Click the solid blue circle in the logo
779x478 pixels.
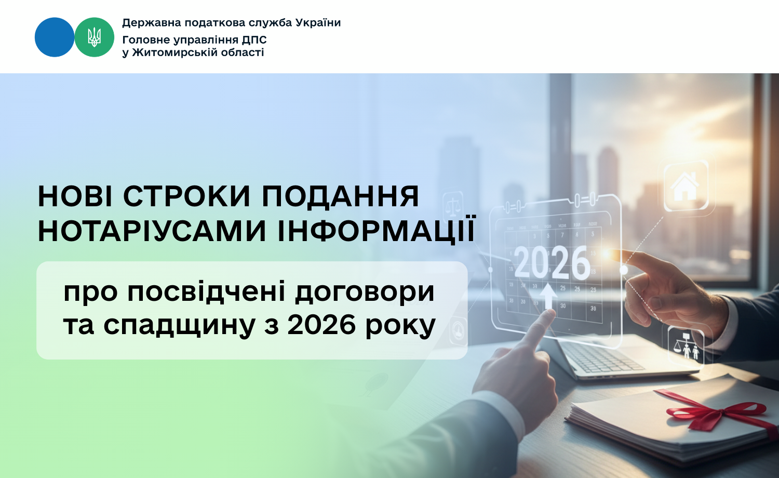[55, 37]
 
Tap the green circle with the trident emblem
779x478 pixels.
[94, 37]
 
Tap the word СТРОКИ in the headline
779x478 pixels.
[187, 196]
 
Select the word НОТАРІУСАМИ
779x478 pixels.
[152, 231]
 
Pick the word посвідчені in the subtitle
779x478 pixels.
[207, 292]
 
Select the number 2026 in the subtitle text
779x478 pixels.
[321, 325]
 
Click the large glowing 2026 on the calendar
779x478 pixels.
[552, 263]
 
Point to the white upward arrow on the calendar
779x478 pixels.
[548, 296]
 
